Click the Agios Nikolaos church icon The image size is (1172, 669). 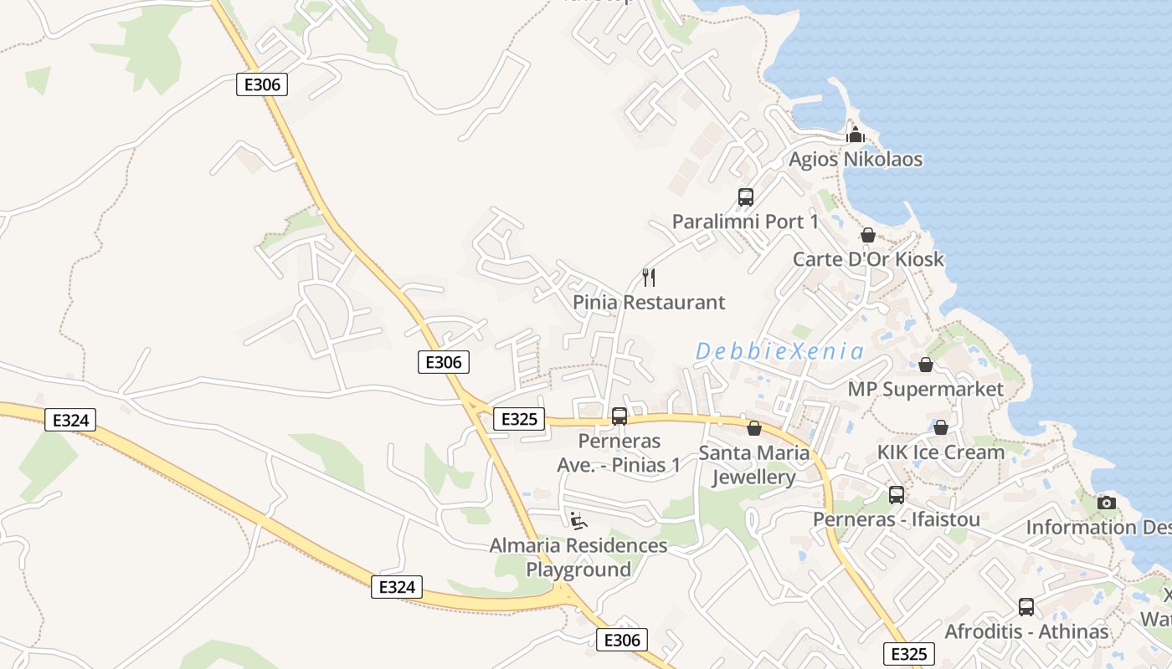855,135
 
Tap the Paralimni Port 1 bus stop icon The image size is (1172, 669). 745,197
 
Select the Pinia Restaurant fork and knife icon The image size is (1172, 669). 648,278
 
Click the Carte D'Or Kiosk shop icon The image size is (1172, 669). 868,235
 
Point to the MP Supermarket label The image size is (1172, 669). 925,389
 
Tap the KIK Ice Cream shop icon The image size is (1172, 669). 941,427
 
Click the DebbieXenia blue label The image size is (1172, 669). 779,351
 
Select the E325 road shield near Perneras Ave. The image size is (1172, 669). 519,418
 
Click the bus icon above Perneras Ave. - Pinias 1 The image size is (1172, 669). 619,416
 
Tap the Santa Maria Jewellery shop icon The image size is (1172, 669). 754,428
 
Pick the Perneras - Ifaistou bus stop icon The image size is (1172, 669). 897,495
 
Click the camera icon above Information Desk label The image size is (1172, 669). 1107,503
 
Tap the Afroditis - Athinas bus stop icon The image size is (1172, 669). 1026,607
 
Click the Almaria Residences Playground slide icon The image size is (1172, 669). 578,521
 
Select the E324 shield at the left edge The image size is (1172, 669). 70,420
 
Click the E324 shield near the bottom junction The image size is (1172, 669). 397,587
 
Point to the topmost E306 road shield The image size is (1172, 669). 262,84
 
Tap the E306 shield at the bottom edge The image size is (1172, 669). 622,640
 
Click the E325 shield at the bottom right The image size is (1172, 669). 908,654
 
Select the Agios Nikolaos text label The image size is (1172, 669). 856,159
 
